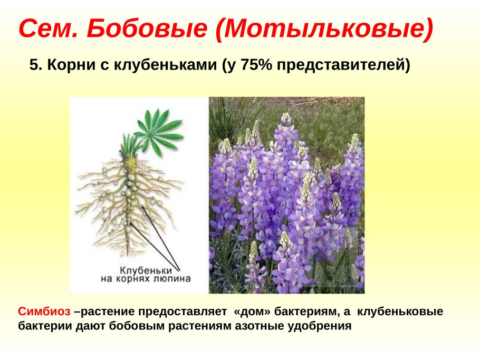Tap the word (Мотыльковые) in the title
[x=324, y=30]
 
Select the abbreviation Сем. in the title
[x=49, y=30]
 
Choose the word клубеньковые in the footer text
[x=400, y=312]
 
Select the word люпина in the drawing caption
[x=174, y=279]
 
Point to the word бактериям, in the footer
[x=309, y=312]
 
